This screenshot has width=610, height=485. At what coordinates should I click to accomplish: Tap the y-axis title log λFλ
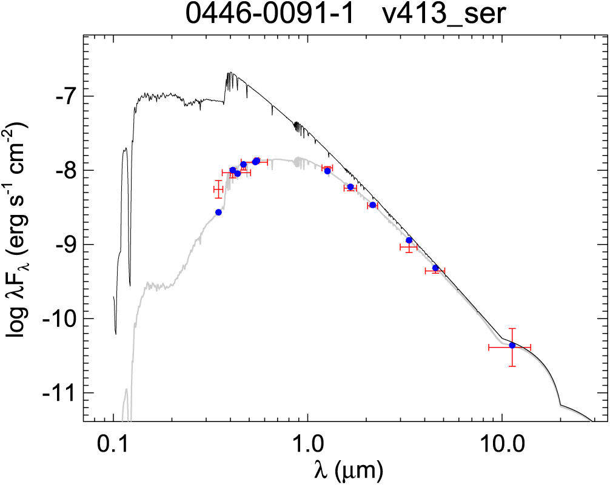[16, 242]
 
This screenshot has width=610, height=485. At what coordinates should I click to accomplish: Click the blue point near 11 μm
[512, 345]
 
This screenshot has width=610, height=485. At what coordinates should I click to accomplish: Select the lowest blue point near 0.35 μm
[218, 212]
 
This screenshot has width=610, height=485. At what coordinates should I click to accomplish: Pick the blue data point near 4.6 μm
[435, 268]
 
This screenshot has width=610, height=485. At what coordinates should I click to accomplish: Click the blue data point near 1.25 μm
[327, 171]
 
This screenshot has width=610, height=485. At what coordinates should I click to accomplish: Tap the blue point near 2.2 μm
[372, 205]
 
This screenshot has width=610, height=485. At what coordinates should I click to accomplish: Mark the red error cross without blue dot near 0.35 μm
[218, 190]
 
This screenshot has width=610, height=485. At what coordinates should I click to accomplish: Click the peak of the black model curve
[229, 73]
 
